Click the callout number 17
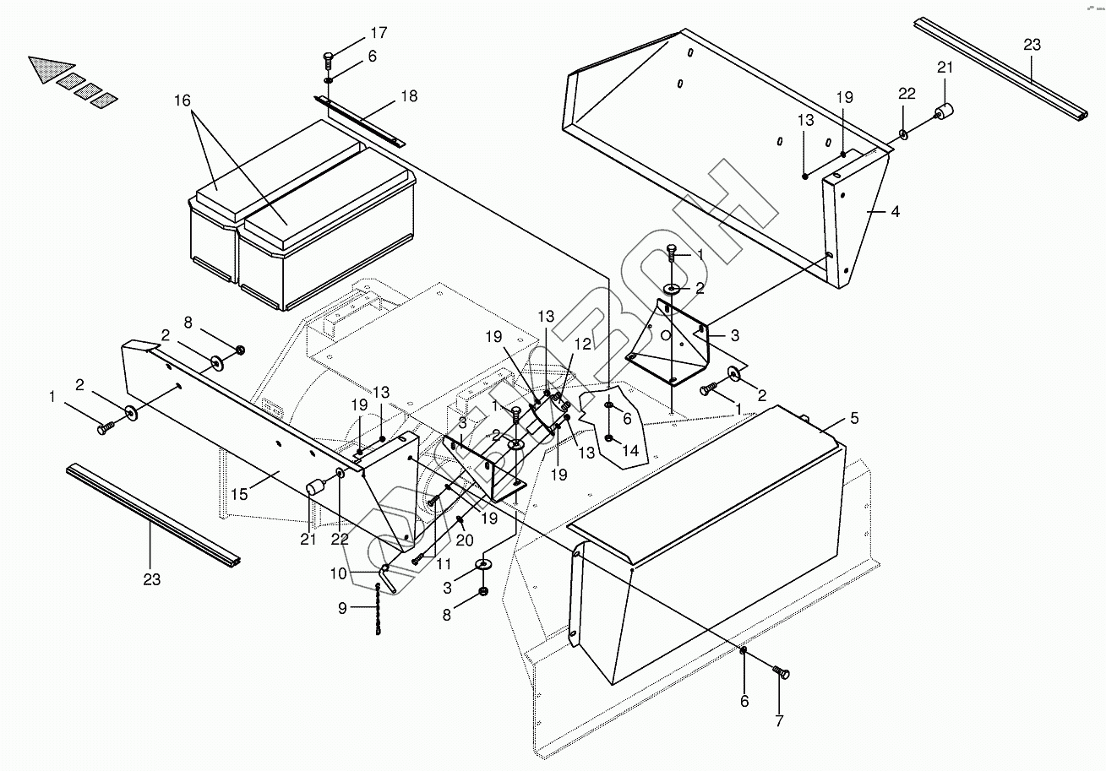click(378, 34)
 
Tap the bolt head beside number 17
click(329, 57)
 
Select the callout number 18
click(409, 96)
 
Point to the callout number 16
click(183, 100)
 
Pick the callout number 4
click(895, 212)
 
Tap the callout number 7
click(779, 722)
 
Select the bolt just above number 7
click(780, 671)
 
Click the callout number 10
click(337, 574)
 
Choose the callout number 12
click(583, 344)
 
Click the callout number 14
click(629, 451)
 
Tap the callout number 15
click(240, 494)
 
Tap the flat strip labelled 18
click(359, 119)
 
